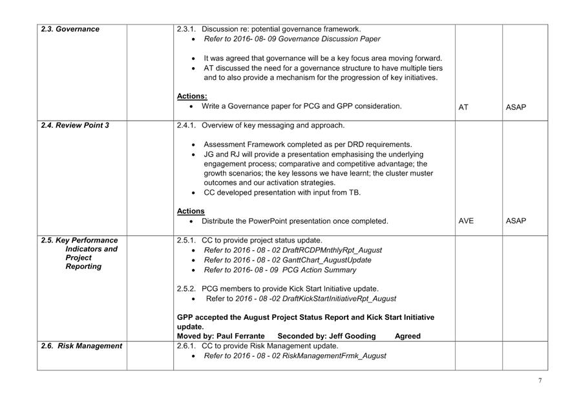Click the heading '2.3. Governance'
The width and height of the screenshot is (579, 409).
(x=70, y=29)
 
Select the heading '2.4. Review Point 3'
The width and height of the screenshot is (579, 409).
(x=75, y=125)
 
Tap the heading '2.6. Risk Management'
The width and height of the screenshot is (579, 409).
(x=81, y=346)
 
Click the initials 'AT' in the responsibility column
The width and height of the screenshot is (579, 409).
(x=463, y=107)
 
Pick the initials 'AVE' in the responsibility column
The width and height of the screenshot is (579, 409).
(x=466, y=221)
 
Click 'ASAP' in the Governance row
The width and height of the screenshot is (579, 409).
(x=516, y=107)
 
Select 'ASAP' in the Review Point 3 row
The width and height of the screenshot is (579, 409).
(x=516, y=221)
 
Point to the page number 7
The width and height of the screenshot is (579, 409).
(x=540, y=381)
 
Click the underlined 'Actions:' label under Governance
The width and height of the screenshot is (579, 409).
(x=192, y=96)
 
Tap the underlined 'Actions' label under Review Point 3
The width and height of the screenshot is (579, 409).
(x=191, y=211)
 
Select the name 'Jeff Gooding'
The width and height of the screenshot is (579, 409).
(x=350, y=336)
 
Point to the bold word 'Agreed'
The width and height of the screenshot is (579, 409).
(x=407, y=336)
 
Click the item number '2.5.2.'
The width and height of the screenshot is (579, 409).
(x=187, y=288)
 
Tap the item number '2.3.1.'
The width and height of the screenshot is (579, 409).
(x=187, y=29)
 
